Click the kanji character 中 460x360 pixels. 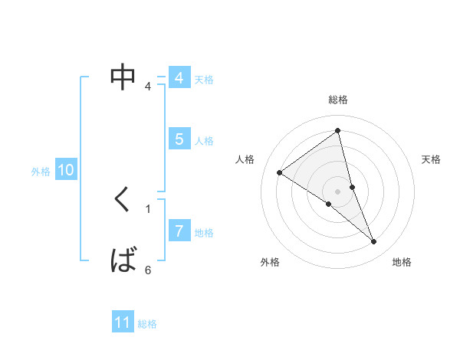tap(123, 77)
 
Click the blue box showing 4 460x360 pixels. tap(179, 78)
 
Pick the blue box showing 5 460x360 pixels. tap(179, 139)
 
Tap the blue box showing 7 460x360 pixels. tap(179, 231)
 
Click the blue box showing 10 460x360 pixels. tap(66, 171)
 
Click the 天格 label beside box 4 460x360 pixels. tap(204, 80)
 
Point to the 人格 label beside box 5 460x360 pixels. tap(204, 141)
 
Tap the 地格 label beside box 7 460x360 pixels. tap(204, 233)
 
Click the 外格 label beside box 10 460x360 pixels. tap(41, 172)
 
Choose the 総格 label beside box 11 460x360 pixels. tap(147, 324)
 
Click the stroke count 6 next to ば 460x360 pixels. tap(148, 270)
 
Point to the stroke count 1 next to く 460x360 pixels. tap(148, 208)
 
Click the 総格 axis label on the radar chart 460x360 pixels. tap(337, 100)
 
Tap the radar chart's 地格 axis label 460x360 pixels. tap(402, 263)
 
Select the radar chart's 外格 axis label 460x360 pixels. tap(270, 263)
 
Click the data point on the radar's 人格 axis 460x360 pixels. tap(280, 172)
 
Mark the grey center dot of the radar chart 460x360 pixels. tap(337, 191)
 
